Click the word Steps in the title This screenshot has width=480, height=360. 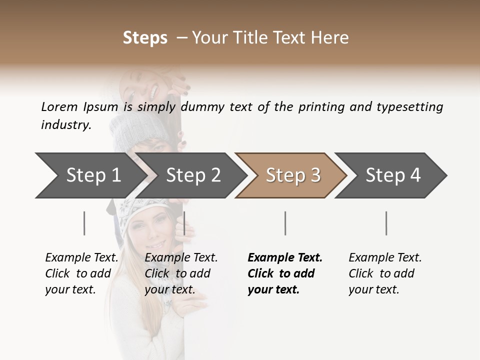pyautogui.click(x=145, y=38)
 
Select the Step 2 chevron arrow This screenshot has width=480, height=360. pyautogui.click(x=193, y=175)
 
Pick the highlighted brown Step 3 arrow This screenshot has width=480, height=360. pyautogui.click(x=293, y=175)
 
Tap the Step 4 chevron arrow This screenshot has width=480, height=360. pyautogui.click(x=393, y=175)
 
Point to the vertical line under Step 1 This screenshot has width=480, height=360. pyautogui.click(x=84, y=223)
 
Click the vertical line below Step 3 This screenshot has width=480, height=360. pyautogui.click(x=285, y=223)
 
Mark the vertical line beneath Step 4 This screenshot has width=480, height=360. pyautogui.click(x=386, y=223)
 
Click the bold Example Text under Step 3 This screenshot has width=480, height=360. pyautogui.click(x=285, y=273)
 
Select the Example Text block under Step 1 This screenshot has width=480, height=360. pyautogui.click(x=81, y=273)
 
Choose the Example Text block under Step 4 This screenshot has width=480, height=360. pyautogui.click(x=385, y=273)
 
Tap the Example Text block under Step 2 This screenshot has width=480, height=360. pyautogui.click(x=181, y=273)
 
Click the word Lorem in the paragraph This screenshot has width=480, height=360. pyautogui.click(x=59, y=106)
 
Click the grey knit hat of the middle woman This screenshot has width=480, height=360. pyautogui.click(x=131, y=130)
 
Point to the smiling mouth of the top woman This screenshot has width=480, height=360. pyautogui.click(x=153, y=91)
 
